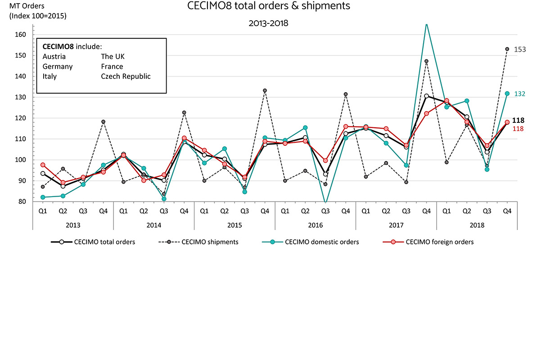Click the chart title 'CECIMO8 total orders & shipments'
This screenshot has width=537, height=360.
268,7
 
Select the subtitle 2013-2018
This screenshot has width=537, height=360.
268,23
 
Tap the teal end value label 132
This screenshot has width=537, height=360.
520,94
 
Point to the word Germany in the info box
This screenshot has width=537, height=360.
58,66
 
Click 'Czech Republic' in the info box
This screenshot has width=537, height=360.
126,76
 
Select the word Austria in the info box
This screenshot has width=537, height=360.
54,56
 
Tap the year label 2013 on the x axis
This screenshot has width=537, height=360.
73,225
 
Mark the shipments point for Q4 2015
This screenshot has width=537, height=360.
265,90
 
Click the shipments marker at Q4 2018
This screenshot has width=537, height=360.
507,49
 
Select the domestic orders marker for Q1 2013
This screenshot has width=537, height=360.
43,197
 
